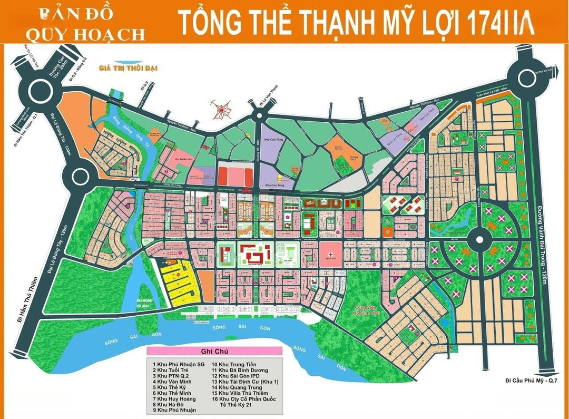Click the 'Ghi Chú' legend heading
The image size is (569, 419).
(214, 351)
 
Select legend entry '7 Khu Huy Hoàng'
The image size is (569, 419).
(173, 398)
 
